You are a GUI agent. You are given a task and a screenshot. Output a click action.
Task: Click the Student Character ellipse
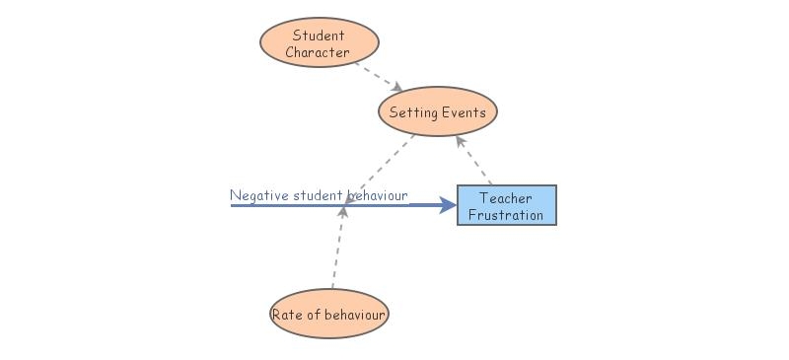[x=320, y=43]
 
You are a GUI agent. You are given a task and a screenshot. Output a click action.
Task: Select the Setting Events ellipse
[x=438, y=112]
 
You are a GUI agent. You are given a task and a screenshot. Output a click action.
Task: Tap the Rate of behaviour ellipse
[x=329, y=316]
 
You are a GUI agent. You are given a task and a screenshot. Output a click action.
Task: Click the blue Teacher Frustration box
[x=507, y=205]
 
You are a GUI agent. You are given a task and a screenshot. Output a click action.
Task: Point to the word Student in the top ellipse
[x=319, y=36]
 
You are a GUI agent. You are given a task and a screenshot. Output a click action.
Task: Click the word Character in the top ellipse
[x=319, y=52]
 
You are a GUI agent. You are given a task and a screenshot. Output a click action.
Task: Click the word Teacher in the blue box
[x=506, y=198]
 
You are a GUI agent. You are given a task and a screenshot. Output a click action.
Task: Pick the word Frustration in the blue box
[x=506, y=215]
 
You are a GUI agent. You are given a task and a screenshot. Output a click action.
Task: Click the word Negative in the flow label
[x=259, y=195]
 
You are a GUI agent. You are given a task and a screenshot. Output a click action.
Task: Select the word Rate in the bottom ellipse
[x=287, y=316]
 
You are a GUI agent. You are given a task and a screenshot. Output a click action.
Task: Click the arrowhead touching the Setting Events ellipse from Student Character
[x=397, y=88]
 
